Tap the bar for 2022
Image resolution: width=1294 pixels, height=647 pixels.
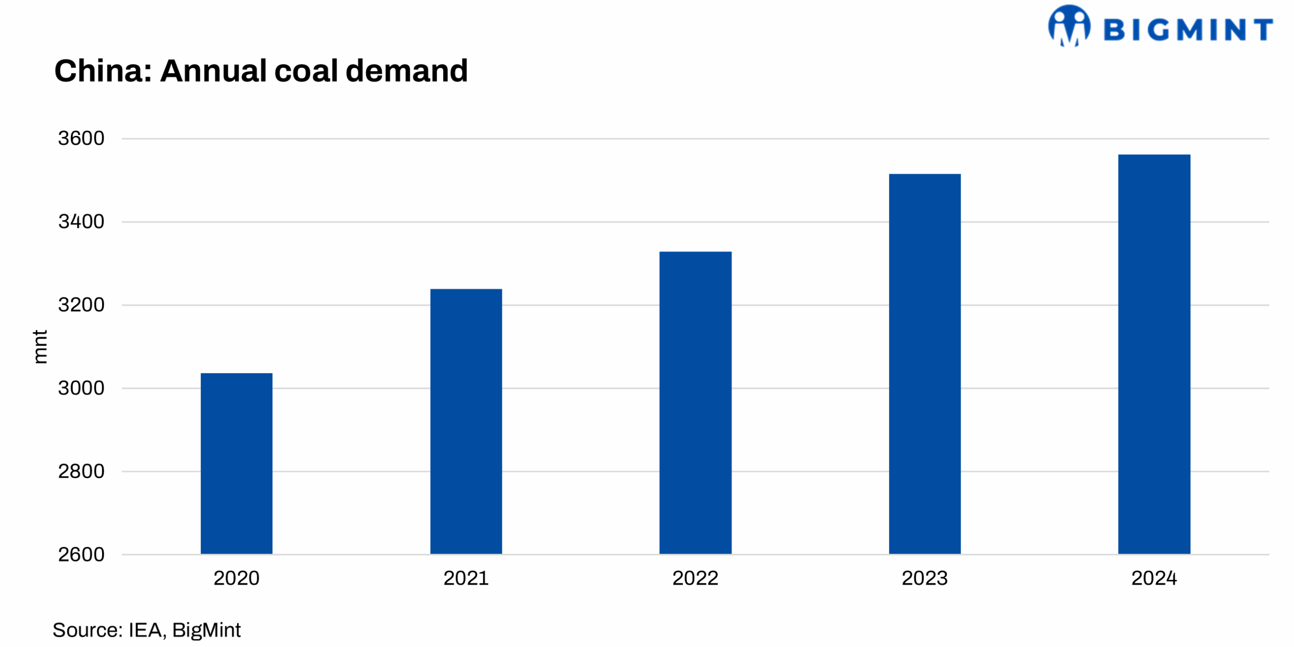[x=695, y=402]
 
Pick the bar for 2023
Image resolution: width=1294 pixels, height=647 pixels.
[x=925, y=363]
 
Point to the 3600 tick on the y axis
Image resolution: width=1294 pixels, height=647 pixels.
[x=81, y=138]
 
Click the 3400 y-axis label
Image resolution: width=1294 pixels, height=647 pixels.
[x=81, y=221]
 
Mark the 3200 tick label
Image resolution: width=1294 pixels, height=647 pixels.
[x=81, y=305]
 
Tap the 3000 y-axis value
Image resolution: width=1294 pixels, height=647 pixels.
[x=81, y=388]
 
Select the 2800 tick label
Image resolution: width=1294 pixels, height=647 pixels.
[x=81, y=471]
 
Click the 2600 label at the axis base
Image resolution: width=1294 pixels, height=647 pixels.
[x=81, y=554]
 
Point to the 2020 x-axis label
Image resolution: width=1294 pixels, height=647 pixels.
[x=236, y=578]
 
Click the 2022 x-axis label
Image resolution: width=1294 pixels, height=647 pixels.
[x=695, y=578]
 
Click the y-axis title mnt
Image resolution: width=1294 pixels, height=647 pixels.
[x=40, y=347]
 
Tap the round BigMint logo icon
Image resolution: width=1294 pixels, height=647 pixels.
[x=1069, y=25]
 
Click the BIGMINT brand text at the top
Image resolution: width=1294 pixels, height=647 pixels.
[x=1188, y=29]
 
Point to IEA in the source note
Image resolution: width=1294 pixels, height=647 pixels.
[x=145, y=630]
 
